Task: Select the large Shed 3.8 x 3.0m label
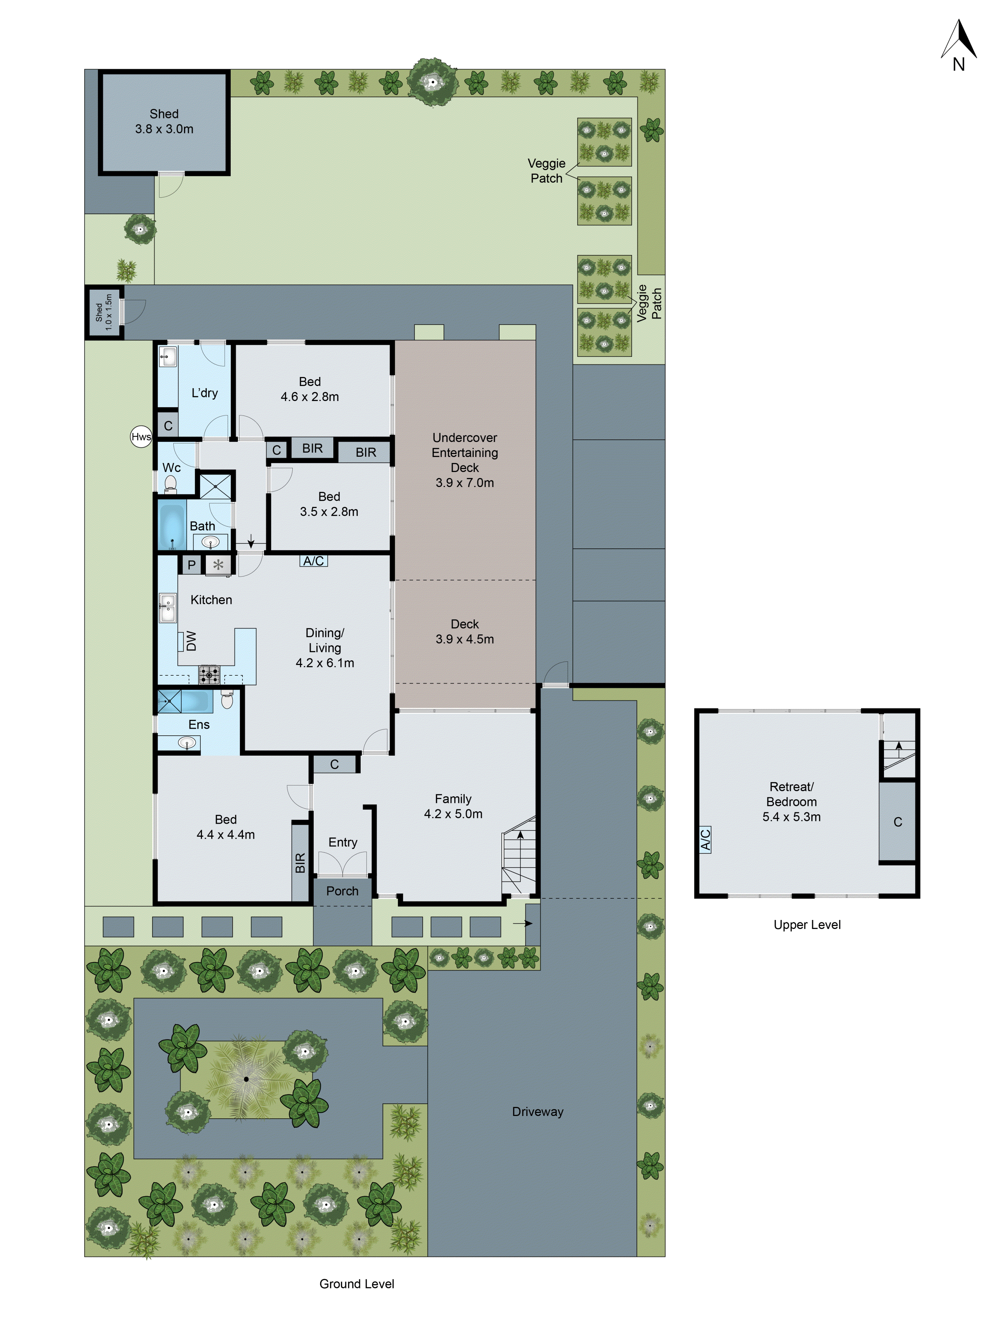[164, 121]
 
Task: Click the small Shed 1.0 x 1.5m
[104, 312]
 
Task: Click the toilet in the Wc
[171, 483]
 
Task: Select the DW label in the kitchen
[190, 641]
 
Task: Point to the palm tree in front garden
[246, 1079]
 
